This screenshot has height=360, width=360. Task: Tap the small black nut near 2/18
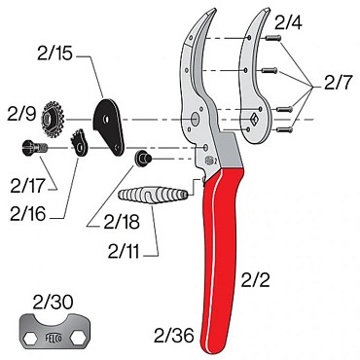coord(141,157)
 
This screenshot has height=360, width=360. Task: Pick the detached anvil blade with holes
coord(256,78)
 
